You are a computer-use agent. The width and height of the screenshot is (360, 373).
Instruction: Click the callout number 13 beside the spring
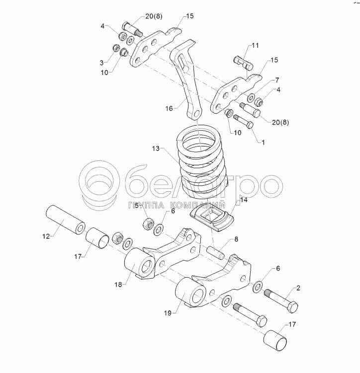pyautogui.click(x=156, y=149)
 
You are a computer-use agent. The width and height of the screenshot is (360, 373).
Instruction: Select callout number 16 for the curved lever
pyautogui.click(x=169, y=108)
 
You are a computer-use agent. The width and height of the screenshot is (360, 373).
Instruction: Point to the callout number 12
pyautogui.click(x=46, y=236)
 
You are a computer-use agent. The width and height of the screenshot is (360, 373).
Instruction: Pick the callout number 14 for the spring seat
pyautogui.click(x=244, y=200)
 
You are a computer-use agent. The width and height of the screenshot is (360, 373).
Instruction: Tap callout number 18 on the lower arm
pyautogui.click(x=118, y=284)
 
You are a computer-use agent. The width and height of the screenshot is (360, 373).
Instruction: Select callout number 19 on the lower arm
pyautogui.click(x=168, y=313)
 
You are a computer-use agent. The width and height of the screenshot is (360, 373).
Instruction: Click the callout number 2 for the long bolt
pyautogui.click(x=298, y=288)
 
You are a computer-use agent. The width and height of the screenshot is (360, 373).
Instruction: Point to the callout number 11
pyautogui.click(x=255, y=45)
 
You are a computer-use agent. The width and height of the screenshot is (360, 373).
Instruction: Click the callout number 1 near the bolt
pyautogui.click(x=263, y=142)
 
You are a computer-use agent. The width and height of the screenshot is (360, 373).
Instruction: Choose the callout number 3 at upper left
pyautogui.click(x=101, y=63)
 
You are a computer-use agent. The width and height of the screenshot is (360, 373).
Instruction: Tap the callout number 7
pyautogui.click(x=277, y=80)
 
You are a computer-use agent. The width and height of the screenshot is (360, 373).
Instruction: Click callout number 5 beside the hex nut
pyautogui.click(x=137, y=206)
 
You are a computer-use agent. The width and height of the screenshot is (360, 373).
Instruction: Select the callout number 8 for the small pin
pyautogui.click(x=236, y=239)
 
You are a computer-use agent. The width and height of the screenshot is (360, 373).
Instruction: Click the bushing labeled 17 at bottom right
pyautogui.click(x=275, y=340)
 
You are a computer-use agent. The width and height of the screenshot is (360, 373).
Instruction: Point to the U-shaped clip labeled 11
pyautogui.click(x=243, y=63)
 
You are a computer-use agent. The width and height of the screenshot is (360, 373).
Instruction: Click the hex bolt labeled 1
pyautogui.click(x=243, y=122)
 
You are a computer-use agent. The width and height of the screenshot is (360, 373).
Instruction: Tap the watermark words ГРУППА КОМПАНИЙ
pyautogui.click(x=177, y=206)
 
